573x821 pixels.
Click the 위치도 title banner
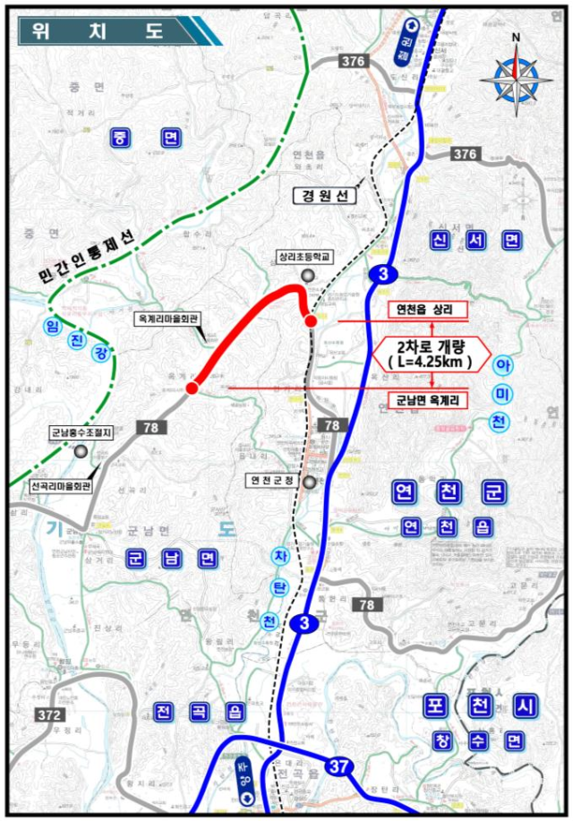pos(107,30)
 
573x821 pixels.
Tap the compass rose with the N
pos(515,76)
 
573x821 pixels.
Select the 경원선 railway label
pos(329,194)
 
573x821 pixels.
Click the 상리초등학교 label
pos(304,256)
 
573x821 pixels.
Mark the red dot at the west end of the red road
pos(192,388)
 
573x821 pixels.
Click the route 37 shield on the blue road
pos(337,765)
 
